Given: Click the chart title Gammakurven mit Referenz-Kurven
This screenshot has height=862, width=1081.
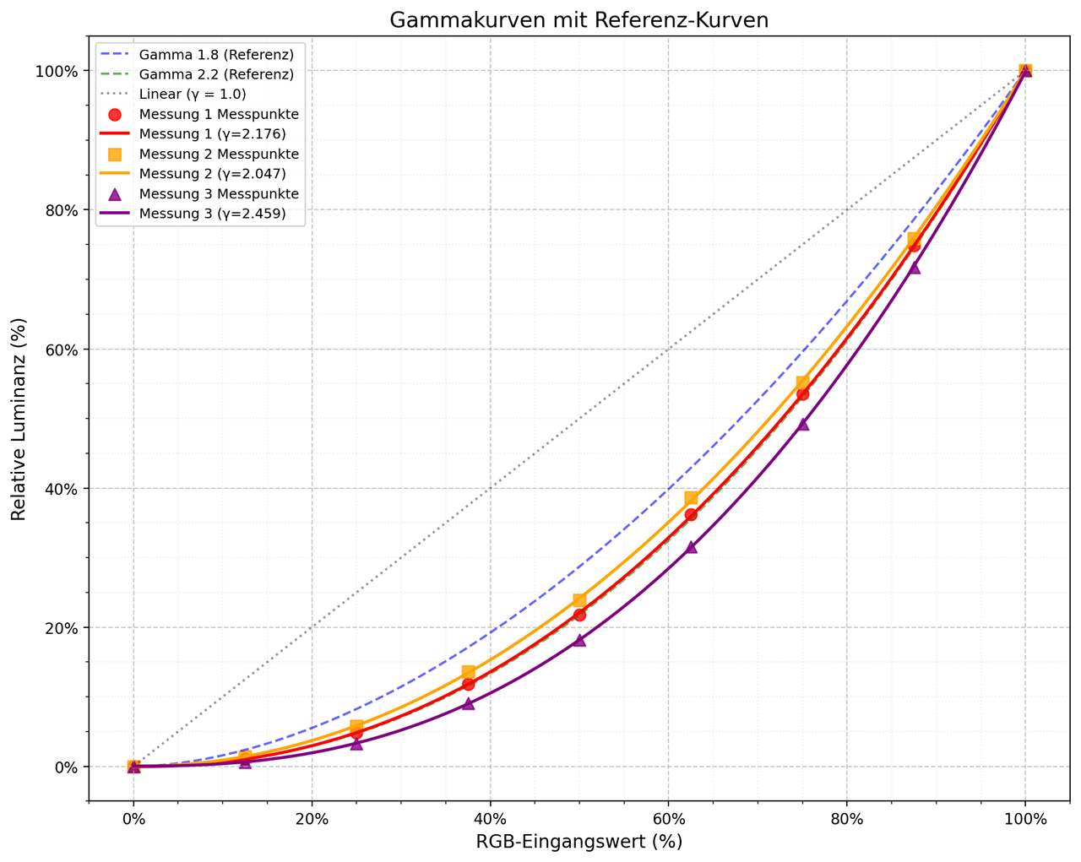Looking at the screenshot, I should [579, 20].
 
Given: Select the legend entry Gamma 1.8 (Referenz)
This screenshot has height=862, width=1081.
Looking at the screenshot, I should [216, 55].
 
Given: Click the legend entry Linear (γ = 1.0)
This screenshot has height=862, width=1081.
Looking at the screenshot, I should [193, 95].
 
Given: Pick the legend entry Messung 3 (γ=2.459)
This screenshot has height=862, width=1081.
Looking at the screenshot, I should [212, 214].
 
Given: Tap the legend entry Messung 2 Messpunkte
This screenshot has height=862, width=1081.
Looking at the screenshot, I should [219, 155].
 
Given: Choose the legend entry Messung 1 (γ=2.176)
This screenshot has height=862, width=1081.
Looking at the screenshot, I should [212, 134].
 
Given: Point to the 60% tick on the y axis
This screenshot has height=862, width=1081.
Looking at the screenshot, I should [89, 350].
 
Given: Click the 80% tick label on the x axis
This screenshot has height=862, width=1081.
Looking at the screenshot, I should [846, 820].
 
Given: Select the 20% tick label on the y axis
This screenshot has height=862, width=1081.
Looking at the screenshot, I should [61, 628].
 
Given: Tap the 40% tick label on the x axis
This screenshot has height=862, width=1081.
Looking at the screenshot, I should [490, 820].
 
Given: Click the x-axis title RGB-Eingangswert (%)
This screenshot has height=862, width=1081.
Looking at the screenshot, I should [579, 842].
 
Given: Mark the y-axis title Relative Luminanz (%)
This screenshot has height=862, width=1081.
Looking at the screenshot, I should [19, 419].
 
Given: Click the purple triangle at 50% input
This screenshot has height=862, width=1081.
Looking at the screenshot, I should [579, 640].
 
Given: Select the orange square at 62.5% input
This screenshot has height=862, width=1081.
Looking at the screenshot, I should [691, 498].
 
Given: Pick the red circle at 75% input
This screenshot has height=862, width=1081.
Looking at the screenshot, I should [802, 393].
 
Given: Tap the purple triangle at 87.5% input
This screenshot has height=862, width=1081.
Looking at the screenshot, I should [914, 268].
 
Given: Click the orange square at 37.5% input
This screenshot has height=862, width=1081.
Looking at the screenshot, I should [468, 672].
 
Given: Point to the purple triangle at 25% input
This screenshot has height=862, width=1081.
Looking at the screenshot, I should [356, 743].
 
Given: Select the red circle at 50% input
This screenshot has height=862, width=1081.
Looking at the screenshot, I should [579, 615].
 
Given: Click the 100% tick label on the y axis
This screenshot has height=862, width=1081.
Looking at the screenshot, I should [57, 71].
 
